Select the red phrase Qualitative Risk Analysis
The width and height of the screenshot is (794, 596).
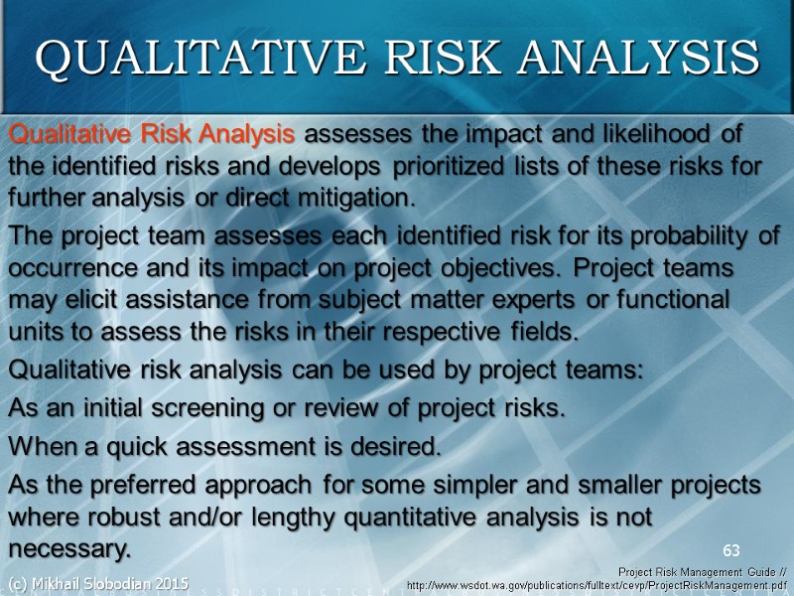tap(151, 133)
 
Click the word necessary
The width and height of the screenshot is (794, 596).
tap(68, 549)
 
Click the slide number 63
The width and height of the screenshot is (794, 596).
tap(731, 550)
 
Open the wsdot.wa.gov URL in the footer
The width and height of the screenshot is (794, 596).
tap(599, 586)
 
